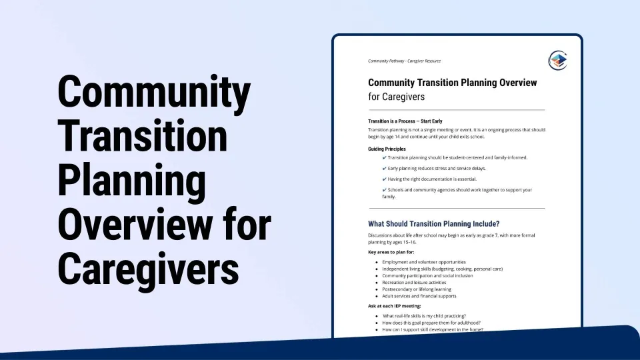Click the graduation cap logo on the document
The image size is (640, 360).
pos(558,61)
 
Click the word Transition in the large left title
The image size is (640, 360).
pos(143,135)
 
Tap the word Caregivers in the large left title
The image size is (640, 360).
pos(148,269)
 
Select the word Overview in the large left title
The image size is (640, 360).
pos(135,224)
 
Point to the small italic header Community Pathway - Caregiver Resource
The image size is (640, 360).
pos(404,61)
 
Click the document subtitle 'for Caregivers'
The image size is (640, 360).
pos(396,97)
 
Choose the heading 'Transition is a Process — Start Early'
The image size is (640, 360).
pos(405,121)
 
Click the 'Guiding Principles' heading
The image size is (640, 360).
pos(387,149)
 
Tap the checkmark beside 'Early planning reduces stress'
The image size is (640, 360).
pos(384,168)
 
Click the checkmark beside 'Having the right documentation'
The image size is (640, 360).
pos(384,179)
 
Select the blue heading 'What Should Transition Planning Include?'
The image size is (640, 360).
pos(433,224)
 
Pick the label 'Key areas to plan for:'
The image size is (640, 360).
pos(391,252)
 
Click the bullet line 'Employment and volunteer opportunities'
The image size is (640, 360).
pos(424,262)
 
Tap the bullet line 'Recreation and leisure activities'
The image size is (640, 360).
pos(414,283)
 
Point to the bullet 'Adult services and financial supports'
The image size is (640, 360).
pos(419,296)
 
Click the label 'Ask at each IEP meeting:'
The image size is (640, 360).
pos(394,306)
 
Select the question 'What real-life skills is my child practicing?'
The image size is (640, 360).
pos(424,316)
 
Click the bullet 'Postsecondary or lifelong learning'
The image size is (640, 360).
pos(416,289)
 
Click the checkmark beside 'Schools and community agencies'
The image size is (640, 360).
pos(384,190)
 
